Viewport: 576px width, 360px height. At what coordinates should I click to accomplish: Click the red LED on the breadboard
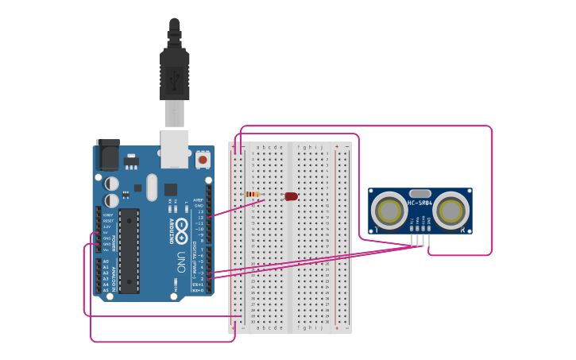(291, 196)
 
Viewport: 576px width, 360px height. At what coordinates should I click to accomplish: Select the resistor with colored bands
(253, 194)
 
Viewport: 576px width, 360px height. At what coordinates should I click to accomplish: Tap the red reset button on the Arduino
(203, 160)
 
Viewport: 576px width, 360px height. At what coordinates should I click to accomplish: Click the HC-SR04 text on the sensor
(420, 203)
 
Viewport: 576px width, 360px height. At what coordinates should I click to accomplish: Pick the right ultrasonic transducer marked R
(450, 211)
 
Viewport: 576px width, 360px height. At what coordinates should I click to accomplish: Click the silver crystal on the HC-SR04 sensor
(419, 193)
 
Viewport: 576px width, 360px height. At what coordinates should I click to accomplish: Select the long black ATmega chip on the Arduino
(130, 250)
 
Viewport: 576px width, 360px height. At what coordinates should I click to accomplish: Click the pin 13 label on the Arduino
(201, 211)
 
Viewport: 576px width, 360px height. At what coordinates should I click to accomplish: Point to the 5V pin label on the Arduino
(106, 232)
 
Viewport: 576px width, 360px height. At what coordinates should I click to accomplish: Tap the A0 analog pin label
(106, 261)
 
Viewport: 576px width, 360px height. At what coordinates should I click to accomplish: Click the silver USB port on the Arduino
(175, 149)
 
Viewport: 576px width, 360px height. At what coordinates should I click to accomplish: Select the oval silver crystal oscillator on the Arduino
(152, 189)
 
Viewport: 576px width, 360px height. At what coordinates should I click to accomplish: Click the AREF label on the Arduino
(199, 199)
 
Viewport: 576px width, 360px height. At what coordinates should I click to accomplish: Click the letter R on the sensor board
(462, 229)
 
